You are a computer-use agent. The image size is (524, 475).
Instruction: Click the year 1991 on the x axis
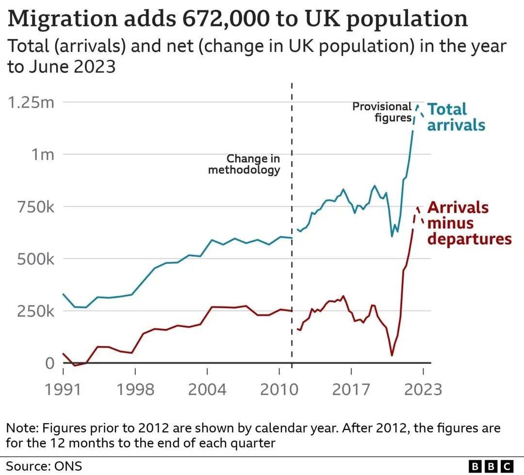pos(63,389)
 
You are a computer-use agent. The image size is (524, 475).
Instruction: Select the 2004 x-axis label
pos(207,389)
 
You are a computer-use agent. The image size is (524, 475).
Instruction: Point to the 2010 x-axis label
pos(278,389)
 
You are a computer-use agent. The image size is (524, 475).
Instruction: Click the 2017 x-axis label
pos(351,389)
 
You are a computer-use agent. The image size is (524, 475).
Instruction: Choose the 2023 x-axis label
pos(423,389)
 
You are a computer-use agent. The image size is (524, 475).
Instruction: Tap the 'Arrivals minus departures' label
pos(469,223)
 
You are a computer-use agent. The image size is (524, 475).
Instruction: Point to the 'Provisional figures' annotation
pos(382,112)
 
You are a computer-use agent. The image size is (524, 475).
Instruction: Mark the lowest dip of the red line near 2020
pos(392,356)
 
